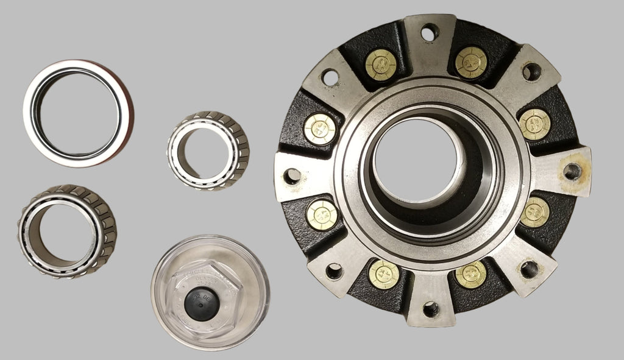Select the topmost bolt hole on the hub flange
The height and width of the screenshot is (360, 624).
[430, 32]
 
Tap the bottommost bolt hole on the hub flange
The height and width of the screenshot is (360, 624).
[431, 309]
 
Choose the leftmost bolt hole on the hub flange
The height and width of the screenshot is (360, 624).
[292, 176]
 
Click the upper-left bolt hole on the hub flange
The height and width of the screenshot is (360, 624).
[330, 77]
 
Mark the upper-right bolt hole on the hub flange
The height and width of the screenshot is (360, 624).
[531, 71]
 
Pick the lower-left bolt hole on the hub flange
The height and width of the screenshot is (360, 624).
[334, 271]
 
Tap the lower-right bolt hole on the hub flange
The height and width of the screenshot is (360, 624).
[528, 269]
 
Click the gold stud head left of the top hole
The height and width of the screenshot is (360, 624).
[381, 64]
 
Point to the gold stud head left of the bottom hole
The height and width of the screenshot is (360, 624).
[384, 274]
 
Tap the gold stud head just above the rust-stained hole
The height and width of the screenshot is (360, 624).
[535, 124]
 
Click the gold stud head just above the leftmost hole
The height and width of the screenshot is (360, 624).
[320, 129]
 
